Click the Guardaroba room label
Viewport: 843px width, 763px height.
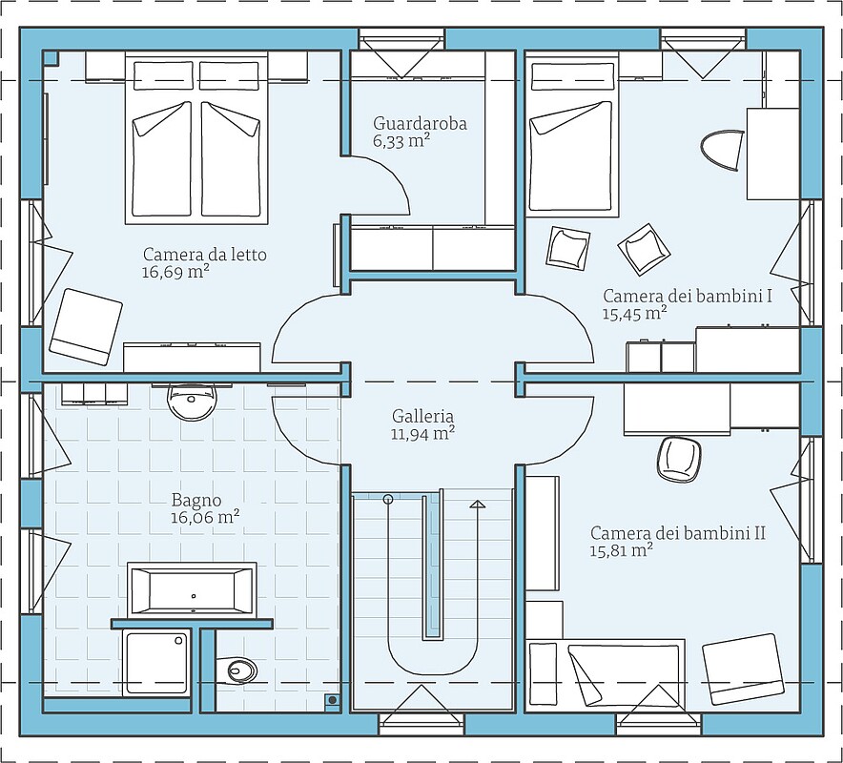[420, 124]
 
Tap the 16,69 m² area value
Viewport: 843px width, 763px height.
[175, 272]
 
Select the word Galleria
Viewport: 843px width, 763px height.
[422, 416]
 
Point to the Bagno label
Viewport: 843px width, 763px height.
[196, 501]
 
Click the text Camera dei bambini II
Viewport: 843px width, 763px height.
[678, 533]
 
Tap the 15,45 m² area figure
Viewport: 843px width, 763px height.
[635, 314]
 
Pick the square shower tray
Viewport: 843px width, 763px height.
[155, 663]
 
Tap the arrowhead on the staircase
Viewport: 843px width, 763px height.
[478, 504]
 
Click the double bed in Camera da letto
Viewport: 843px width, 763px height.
[196, 138]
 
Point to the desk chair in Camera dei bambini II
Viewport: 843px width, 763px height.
[679, 460]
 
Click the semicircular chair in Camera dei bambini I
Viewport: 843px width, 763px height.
[723, 150]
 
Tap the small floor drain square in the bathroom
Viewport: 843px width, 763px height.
[333, 699]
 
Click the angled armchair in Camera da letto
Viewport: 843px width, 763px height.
[86, 327]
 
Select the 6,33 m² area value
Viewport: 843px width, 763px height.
[401, 141]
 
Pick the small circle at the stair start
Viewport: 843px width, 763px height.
[387, 499]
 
